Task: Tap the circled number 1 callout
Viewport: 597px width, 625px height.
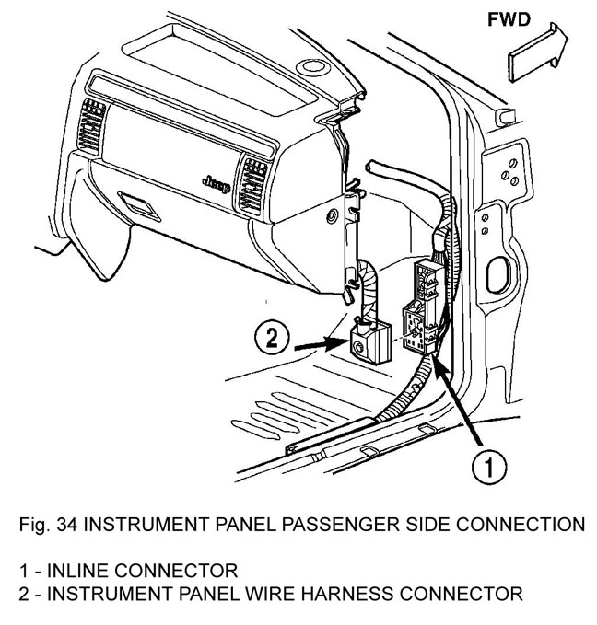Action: coord(488,468)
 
